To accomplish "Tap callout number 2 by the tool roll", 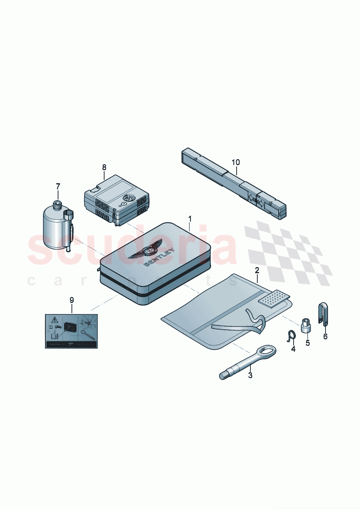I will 257,270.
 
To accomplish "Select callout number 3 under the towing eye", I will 250,375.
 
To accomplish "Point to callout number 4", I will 293,349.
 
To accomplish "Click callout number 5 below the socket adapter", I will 308,343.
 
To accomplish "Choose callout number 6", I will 325,337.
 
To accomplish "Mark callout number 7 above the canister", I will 58,186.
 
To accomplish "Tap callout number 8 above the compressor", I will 104,167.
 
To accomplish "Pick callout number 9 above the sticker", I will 71,300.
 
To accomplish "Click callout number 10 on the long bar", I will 236,162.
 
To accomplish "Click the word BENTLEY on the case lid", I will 160,258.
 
